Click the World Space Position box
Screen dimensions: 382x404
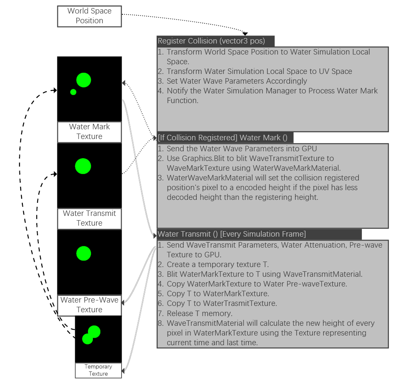click(x=89, y=16)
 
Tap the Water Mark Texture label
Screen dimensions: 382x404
click(x=89, y=132)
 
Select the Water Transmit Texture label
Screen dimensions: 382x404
click(x=89, y=218)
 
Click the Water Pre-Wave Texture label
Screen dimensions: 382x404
click(x=89, y=305)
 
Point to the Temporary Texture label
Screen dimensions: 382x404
click(x=98, y=370)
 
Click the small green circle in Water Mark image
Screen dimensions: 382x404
click(x=73, y=92)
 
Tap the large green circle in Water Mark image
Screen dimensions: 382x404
click(x=84, y=80)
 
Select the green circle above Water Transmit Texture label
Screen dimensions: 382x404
click(x=83, y=166)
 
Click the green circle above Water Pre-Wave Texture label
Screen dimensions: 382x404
click(x=84, y=253)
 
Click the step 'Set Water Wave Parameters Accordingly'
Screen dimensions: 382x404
click(x=236, y=81)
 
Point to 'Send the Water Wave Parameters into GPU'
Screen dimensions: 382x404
click(x=241, y=149)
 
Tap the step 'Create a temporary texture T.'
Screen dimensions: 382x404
click(x=217, y=265)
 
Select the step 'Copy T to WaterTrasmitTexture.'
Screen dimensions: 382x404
click(x=222, y=303)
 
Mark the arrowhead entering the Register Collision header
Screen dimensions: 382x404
click(x=245, y=33)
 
